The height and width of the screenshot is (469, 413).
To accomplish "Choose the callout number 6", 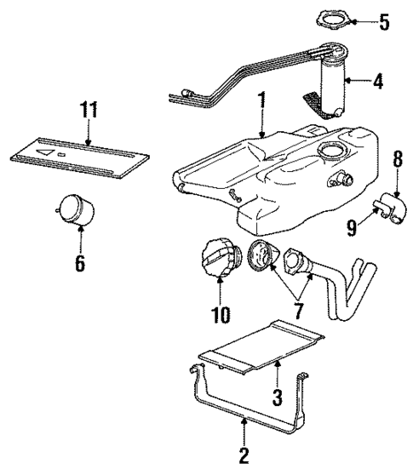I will (x=79, y=264).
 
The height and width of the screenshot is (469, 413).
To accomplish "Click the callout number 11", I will (x=89, y=110).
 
